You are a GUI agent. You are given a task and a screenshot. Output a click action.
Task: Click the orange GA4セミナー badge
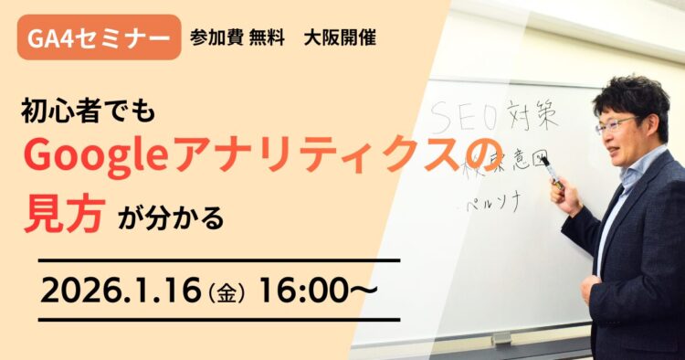99,37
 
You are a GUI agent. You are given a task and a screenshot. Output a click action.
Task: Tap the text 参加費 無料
231,38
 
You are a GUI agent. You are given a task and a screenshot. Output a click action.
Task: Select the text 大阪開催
340,38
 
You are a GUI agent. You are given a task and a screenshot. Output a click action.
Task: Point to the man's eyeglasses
614,123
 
